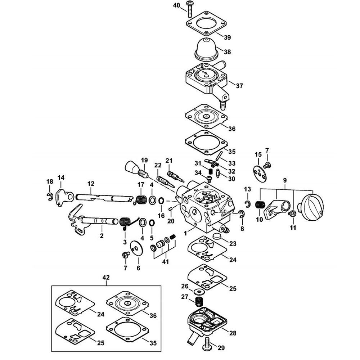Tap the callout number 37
(x=239, y=86)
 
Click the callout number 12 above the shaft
(x=91, y=184)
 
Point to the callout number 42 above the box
(x=106, y=277)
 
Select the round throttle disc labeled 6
(x=136, y=248)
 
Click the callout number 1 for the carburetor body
(x=185, y=234)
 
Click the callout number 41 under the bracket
(x=166, y=262)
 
